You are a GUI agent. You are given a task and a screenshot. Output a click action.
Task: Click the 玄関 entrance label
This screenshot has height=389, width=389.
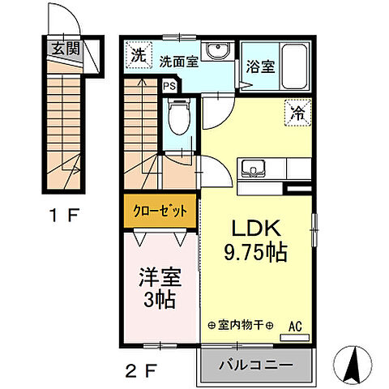point(66,49)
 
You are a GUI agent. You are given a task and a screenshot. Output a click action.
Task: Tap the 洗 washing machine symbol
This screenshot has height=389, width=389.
point(139,56)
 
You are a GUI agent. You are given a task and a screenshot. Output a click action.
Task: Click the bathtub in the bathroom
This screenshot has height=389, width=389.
point(292,62)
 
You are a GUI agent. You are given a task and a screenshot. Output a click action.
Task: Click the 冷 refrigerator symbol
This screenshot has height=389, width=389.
point(298,114)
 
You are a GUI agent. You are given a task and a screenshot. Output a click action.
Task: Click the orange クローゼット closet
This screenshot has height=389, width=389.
point(160,211)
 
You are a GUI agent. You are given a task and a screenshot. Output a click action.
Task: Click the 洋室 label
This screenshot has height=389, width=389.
point(159,276)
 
